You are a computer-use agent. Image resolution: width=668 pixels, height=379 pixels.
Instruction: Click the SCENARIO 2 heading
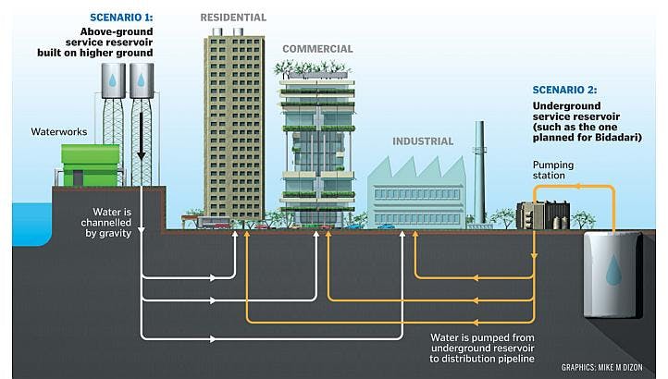[x=563, y=90]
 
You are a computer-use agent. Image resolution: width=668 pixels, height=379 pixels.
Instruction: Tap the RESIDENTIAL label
[x=233, y=17]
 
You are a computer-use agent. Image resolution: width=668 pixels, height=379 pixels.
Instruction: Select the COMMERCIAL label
[x=317, y=49]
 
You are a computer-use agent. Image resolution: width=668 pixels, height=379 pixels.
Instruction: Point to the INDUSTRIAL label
[x=422, y=141]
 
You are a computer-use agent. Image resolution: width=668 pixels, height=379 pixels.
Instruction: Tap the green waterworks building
[x=90, y=165]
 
